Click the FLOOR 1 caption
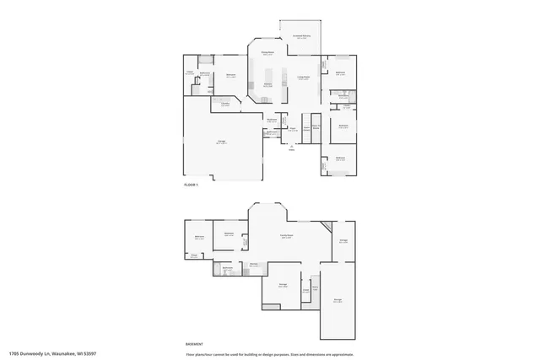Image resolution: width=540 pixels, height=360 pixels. (x=191, y=185)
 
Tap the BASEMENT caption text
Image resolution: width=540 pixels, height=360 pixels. (x=193, y=344)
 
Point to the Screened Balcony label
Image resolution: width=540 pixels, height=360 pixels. (x=301, y=36)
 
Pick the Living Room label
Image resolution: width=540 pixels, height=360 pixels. (x=303, y=77)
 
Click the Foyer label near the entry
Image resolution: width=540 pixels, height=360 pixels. (x=292, y=129)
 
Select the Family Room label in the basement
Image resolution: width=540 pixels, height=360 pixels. (x=287, y=235)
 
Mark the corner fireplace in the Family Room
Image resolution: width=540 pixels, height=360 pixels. (x=325, y=226)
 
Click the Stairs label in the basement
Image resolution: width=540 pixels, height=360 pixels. (x=315, y=288)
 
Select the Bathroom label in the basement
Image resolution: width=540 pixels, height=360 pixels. (x=228, y=268)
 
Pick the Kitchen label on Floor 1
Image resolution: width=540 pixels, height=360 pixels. (x=267, y=85)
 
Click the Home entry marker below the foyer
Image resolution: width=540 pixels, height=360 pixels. (x=292, y=147)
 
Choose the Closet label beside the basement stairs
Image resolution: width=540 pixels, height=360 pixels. (x=305, y=291)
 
